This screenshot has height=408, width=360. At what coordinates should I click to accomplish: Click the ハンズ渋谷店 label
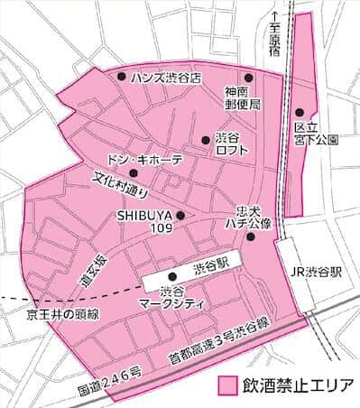165,78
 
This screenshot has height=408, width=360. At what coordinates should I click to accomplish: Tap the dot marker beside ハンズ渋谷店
122,78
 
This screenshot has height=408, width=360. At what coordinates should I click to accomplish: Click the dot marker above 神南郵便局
249,78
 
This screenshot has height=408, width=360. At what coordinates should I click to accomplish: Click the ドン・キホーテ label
145,159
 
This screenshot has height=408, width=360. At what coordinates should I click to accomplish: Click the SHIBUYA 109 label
144,221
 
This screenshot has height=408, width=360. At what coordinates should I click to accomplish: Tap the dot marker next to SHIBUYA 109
181,215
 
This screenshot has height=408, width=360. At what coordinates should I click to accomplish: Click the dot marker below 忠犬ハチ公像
250,236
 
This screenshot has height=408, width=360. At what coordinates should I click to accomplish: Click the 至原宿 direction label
275,41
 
